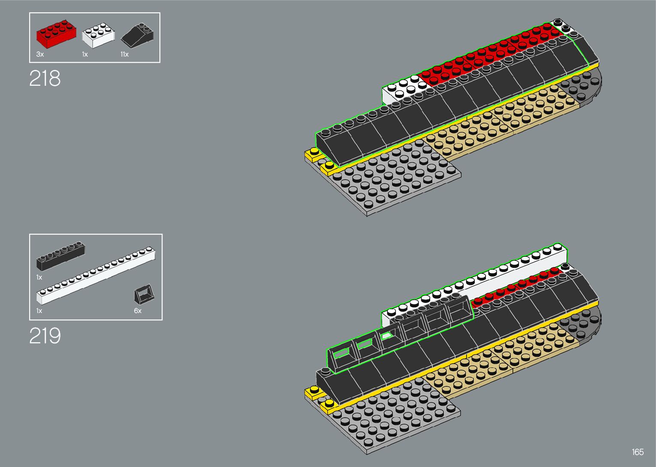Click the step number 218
coord(45,78)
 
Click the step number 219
coord(45,336)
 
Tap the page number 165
coord(637,452)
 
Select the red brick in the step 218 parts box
coord(56,34)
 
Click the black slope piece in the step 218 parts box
coord(138,36)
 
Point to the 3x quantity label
coord(40,54)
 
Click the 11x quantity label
coord(124,54)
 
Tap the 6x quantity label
coord(138,311)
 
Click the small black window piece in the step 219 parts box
coord(145,294)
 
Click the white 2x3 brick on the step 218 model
coord(403,89)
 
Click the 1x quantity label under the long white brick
coord(39,311)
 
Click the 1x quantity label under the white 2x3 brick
coord(85,54)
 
